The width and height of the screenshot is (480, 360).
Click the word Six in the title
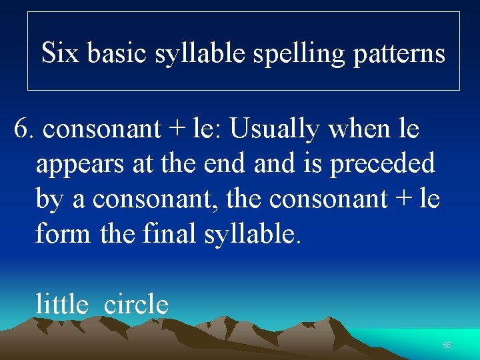coord(59,53)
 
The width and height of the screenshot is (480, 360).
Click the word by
coord(49,199)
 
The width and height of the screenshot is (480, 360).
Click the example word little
coord(62,305)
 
